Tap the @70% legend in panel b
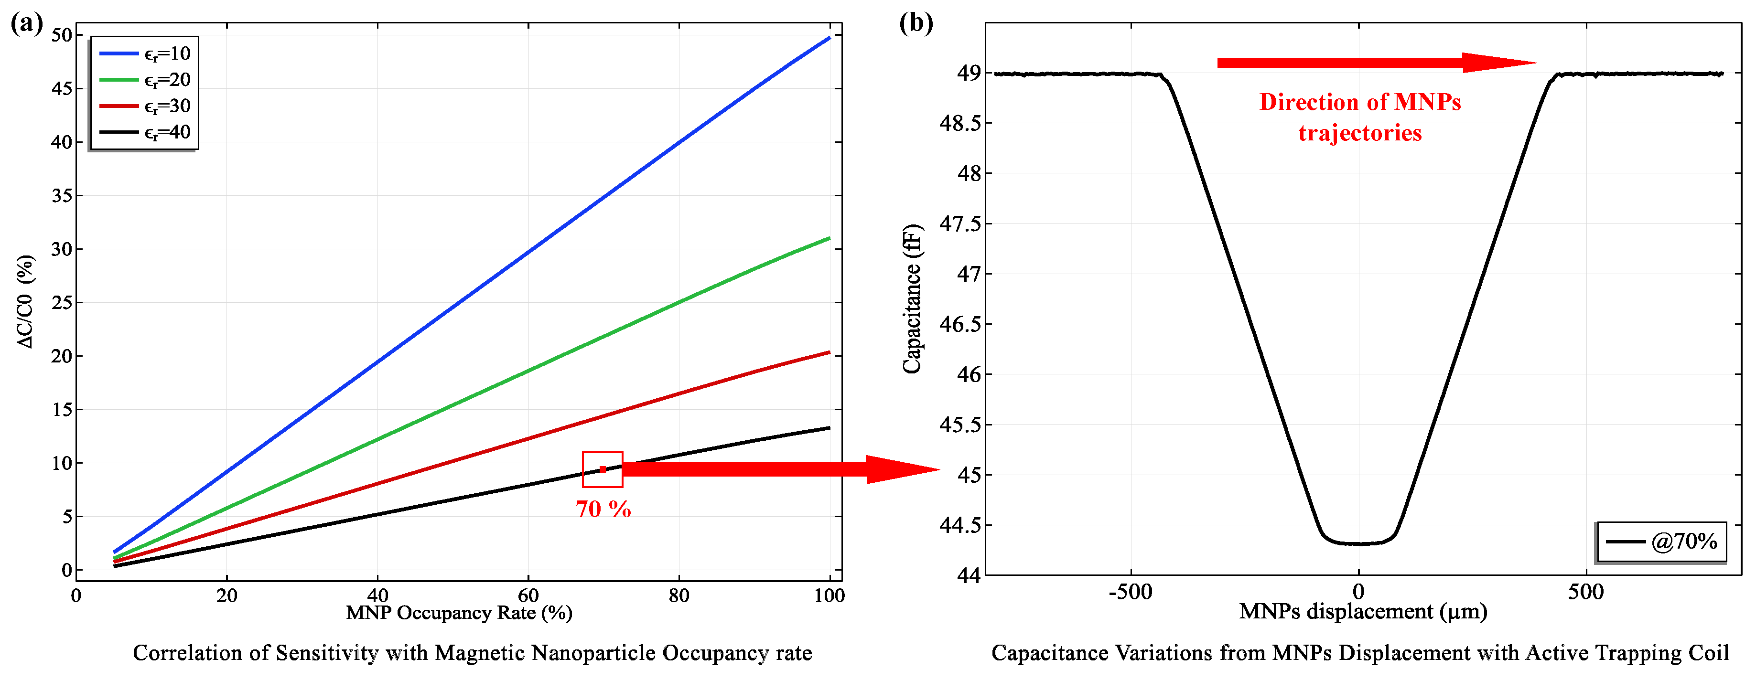(x=1661, y=542)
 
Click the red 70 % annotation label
(x=603, y=509)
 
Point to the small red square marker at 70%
(x=603, y=469)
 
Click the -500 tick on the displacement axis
(x=1130, y=592)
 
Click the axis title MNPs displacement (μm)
(x=1363, y=611)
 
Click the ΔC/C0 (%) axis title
(x=25, y=301)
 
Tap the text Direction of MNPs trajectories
(x=1360, y=117)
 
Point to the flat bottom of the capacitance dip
(x=1358, y=543)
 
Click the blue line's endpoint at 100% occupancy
(x=829, y=38)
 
